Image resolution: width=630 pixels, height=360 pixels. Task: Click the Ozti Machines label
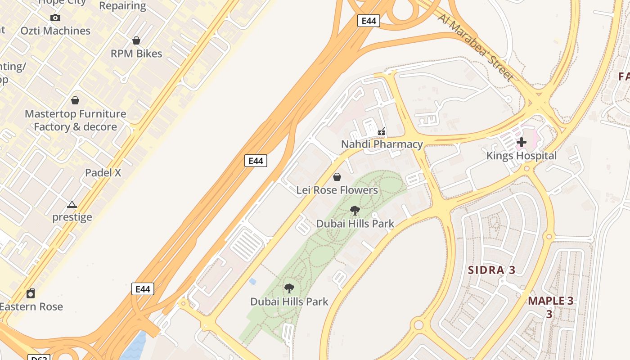tap(55, 31)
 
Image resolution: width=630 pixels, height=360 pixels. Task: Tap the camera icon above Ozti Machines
tap(55, 18)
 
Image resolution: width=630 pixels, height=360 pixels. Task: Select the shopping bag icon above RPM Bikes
tap(136, 40)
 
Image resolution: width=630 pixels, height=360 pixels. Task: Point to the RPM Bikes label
tap(136, 54)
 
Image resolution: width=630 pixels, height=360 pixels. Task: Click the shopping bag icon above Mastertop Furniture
tap(75, 100)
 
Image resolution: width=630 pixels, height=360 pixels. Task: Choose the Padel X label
tap(103, 173)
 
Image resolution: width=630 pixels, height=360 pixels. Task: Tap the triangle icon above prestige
tap(72, 205)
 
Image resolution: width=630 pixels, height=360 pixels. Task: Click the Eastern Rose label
tap(31, 306)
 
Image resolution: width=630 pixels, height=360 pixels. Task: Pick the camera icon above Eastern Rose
tap(31, 294)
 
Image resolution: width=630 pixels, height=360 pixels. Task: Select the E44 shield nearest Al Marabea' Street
tap(369, 21)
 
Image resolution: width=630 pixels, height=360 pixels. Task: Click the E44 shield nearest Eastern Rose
tap(143, 289)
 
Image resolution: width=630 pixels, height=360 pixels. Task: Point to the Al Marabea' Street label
tap(476, 46)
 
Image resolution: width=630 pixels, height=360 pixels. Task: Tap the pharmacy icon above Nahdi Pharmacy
tap(382, 132)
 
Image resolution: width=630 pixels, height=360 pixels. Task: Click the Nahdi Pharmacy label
tap(382, 144)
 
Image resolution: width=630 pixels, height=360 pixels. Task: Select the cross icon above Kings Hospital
tap(522, 143)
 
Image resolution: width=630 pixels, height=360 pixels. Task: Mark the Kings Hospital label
tap(522, 156)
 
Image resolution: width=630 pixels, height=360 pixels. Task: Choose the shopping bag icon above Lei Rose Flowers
tap(337, 177)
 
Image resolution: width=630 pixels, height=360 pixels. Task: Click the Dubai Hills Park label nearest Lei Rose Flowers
tap(355, 224)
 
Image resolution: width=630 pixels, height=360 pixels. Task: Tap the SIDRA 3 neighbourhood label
tap(491, 270)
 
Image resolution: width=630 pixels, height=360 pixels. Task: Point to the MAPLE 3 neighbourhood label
tap(551, 301)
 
